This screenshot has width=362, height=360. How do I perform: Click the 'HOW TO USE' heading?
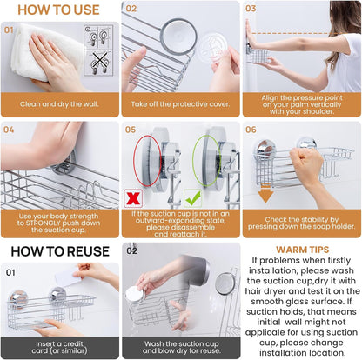click(x=58, y=10)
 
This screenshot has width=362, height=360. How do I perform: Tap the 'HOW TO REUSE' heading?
click(x=60, y=251)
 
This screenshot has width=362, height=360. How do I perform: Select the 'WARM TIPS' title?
click(x=302, y=250)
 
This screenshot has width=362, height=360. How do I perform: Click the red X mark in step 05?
click(x=133, y=198)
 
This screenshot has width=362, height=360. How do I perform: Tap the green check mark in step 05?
click(x=193, y=198)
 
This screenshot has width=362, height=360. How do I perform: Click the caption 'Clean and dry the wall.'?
click(x=59, y=104)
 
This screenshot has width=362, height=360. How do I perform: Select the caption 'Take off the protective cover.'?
click(x=180, y=104)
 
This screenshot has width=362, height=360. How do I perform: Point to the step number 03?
click(x=251, y=9)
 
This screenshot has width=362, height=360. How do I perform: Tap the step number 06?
click(x=251, y=130)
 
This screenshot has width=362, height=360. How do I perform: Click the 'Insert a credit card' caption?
click(x=59, y=347)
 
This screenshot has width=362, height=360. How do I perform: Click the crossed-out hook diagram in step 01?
click(x=98, y=63)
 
